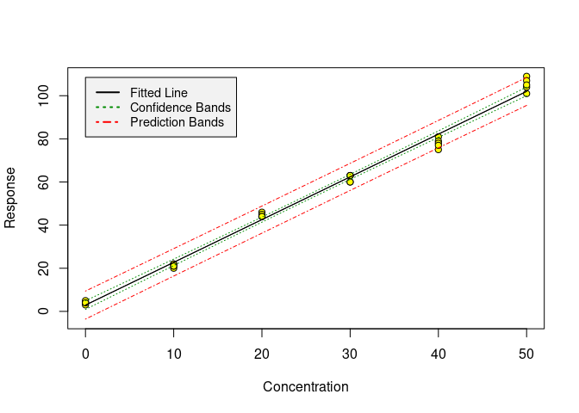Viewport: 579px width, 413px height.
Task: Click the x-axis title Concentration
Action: tap(305, 387)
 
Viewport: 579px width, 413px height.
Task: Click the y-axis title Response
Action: tap(10, 203)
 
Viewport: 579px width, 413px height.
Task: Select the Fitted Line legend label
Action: tap(159, 92)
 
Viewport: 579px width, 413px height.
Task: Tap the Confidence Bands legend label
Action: tap(180, 108)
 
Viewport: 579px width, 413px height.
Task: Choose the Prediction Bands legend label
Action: tap(177, 122)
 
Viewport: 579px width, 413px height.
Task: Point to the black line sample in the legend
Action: tap(108, 92)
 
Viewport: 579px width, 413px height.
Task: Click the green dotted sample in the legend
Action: tap(108, 108)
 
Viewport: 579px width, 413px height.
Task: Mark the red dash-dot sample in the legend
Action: tap(108, 122)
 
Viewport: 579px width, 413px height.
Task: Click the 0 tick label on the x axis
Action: tap(85, 352)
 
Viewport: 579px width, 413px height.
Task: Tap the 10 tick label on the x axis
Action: tap(173, 352)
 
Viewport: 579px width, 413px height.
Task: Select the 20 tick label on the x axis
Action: tap(262, 352)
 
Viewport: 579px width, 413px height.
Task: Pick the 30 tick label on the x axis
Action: tap(350, 352)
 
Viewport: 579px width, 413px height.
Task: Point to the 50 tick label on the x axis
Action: tap(526, 352)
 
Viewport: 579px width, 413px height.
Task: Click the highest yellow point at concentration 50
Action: tap(526, 77)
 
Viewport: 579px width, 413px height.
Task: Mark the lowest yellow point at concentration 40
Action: tap(438, 149)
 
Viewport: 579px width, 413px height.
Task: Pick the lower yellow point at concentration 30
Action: tap(350, 182)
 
